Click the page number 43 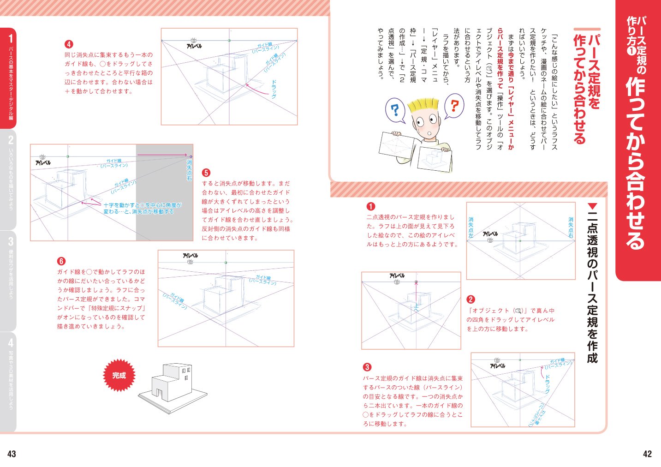12,454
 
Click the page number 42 647,454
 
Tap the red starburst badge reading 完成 119,375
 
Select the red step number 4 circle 69,44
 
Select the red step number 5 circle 206,173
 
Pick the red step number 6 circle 61,261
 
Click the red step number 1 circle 370,206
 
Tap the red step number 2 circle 470,299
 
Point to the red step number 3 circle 367,367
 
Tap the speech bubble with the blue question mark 395,111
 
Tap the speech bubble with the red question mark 454,106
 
